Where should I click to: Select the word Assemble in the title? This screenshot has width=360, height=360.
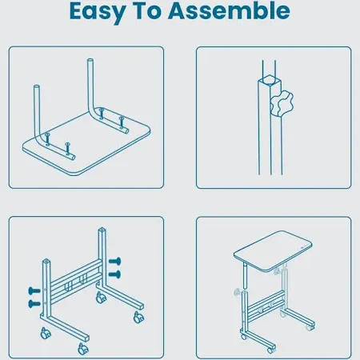coord(229,10)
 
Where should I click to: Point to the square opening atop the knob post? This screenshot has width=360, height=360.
coord(270,80)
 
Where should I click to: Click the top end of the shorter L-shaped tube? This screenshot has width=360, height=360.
coord(37,86)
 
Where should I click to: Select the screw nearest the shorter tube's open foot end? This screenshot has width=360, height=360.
coord(68,150)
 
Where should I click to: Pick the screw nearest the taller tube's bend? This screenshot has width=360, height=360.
coord(102,114)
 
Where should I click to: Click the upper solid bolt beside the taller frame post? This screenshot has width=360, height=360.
coord(115,261)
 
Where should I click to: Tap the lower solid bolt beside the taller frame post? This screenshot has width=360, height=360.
coord(115,274)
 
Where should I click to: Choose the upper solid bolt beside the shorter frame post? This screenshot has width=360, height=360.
coord(34,290)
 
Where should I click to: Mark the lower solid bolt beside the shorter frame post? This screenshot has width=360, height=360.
coord(34,303)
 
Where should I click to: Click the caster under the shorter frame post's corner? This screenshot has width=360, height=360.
coord(46,334)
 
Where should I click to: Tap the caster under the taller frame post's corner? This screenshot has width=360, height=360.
coord(101,298)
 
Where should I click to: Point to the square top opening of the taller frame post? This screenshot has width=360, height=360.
coord(102,230)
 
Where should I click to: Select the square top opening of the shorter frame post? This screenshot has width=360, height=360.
coord(46,261)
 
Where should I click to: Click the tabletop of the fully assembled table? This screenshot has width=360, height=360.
coord(273,250)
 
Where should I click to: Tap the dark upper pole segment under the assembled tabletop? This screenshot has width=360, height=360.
coord(246,275)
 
